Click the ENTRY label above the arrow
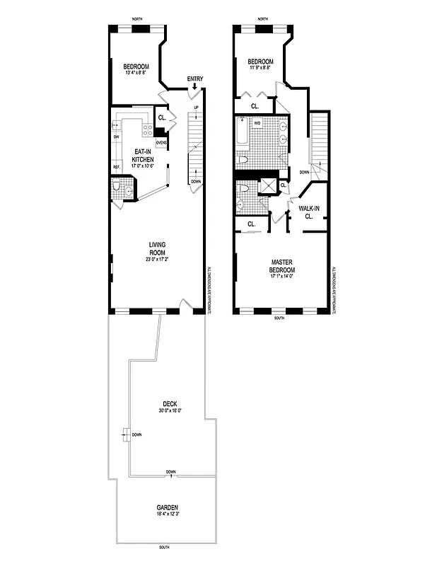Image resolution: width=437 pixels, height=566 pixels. pos(195,78)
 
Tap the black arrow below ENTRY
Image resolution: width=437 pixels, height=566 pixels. pos(195,86)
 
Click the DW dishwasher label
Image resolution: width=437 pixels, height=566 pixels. pos(116,137)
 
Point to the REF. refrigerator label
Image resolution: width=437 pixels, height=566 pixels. pos(116,167)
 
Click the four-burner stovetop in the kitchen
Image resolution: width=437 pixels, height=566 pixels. pos(148,129)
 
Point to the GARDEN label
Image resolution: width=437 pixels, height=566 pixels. pos(168,507)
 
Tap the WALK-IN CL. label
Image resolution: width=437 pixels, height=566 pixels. pos(309,212)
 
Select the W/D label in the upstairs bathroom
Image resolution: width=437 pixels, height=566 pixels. pos(257,122)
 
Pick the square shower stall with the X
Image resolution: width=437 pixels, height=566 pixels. pos(269,186)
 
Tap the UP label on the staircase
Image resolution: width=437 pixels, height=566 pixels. pos(195,108)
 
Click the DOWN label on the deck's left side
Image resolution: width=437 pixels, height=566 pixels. pos(137,434)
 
